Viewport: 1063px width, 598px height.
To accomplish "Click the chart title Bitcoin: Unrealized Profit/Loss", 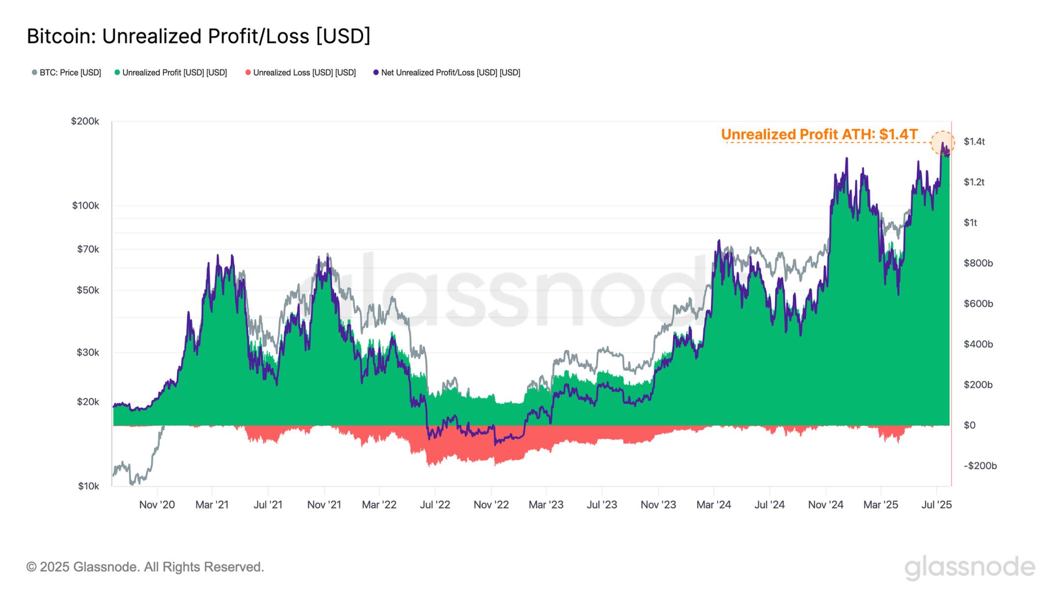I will (198, 36).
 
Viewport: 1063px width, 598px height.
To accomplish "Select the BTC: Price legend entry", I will (66, 72).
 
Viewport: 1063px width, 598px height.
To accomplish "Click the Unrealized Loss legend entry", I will (301, 72).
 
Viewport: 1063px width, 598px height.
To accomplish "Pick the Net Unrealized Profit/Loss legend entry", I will (446, 72).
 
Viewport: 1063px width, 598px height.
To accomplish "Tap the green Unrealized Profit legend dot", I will (117, 72).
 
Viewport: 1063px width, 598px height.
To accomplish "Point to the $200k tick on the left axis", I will (85, 121).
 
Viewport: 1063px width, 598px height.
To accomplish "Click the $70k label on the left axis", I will (88, 249).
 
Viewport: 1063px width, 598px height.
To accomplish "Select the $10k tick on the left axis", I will (89, 486).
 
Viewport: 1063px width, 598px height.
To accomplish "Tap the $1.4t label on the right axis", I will (974, 142).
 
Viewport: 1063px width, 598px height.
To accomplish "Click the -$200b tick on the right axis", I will (980, 466).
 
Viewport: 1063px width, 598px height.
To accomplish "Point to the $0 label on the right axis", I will (969, 425).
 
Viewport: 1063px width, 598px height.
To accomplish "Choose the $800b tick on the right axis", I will (978, 263).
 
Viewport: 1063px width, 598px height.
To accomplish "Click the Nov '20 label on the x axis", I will (157, 504).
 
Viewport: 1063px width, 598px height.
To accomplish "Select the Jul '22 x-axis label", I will (435, 504).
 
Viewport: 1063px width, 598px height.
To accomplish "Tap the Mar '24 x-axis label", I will (714, 504).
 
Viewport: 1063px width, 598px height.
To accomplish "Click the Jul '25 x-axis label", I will (937, 504).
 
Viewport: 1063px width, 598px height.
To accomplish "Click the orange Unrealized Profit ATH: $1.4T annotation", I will (819, 134).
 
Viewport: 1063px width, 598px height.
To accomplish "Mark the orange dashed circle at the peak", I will (942, 143).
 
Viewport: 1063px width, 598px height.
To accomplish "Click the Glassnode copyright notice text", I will (145, 567).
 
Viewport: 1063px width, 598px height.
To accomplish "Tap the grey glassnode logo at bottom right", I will (969, 567).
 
